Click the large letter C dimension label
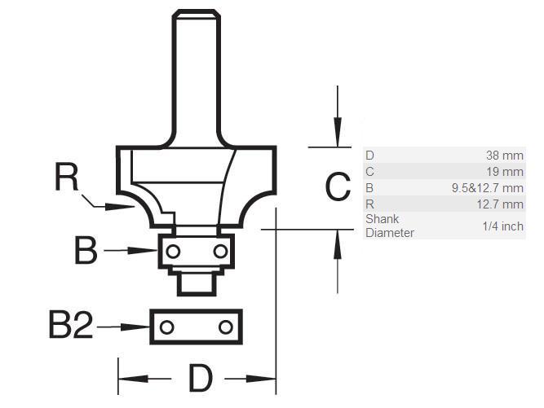pos(337,187)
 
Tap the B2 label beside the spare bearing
pos(71,327)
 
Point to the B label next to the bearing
pos(86,251)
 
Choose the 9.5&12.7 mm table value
pos(488,188)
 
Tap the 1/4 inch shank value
pos(502,226)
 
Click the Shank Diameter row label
pos(389,226)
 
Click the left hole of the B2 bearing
pos(166,327)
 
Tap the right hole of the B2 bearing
pos(224,327)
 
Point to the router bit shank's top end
pos(196,14)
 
